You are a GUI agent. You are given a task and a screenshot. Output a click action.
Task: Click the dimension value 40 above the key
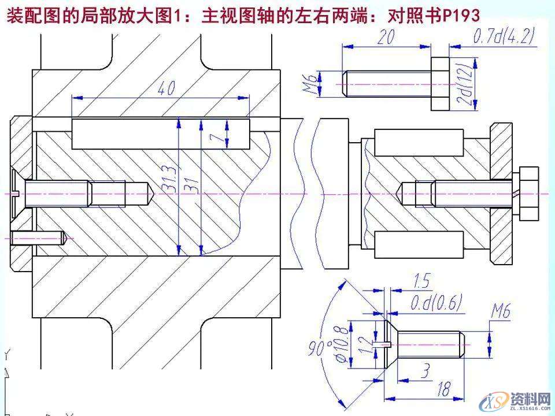(x=166, y=88)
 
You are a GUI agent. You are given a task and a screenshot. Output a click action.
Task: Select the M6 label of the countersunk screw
(x=500, y=313)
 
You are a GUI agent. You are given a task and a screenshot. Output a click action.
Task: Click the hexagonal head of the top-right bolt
(x=441, y=83)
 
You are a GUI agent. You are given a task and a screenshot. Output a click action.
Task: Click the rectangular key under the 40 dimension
(x=162, y=133)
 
